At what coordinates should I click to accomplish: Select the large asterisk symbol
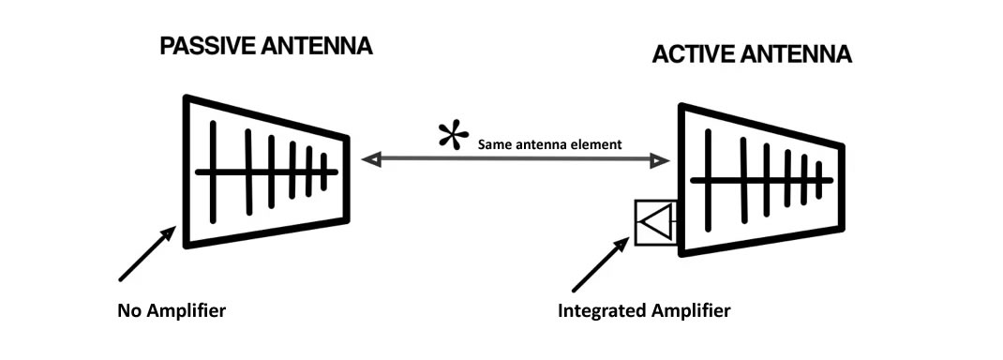tap(454, 137)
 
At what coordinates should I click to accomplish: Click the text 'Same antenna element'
tap(549, 145)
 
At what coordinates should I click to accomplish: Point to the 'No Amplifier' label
tap(172, 310)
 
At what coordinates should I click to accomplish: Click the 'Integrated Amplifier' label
tap(643, 310)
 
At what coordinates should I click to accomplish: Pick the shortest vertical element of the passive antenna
tap(324, 172)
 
